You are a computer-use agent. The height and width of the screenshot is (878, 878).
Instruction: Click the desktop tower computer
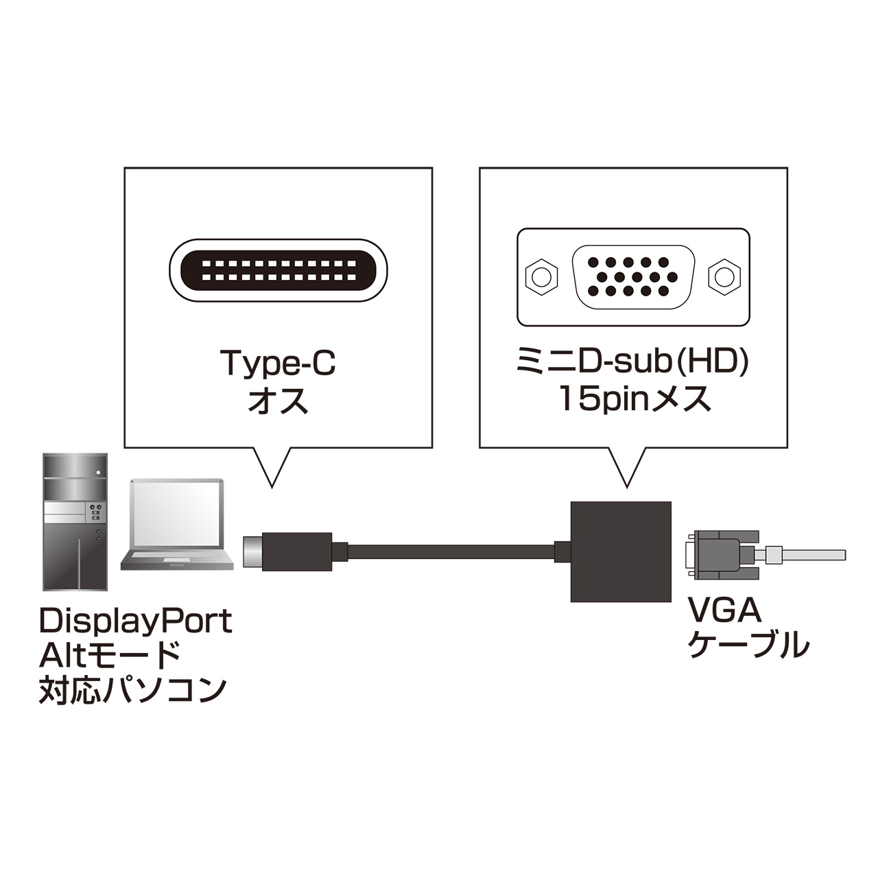[75, 521]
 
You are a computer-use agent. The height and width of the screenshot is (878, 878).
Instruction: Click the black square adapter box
[621, 551]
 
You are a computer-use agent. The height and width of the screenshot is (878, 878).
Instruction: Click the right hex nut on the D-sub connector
[724, 277]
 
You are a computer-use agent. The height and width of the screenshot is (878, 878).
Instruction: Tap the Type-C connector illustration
[278, 271]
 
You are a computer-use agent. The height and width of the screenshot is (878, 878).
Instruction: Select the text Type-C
[278, 363]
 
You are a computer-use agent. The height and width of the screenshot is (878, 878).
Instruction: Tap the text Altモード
[110, 655]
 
